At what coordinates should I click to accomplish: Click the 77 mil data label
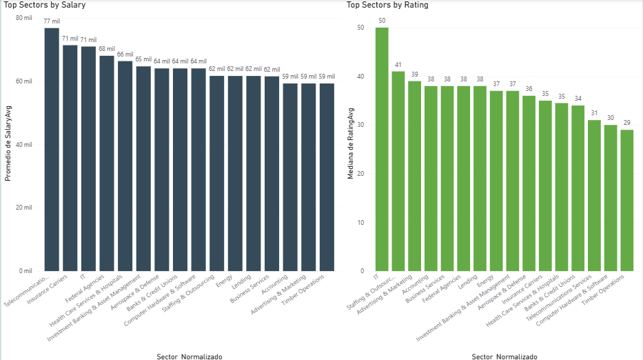pos(52,21)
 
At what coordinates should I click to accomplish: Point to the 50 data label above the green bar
pos(381,21)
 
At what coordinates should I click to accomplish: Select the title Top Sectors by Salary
pos(41,5)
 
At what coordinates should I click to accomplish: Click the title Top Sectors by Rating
pos(387,5)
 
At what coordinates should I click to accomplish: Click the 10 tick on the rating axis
pos(360,222)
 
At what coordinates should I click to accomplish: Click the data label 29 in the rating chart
pos(626,123)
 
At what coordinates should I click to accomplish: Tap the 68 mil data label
pos(107,49)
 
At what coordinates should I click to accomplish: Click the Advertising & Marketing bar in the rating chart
pos(414,176)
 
